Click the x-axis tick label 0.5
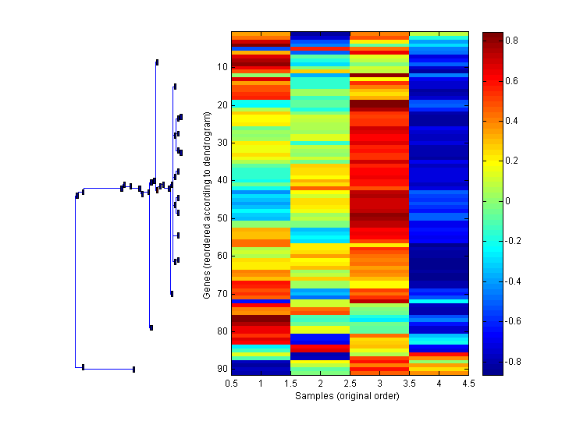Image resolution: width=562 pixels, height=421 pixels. point(231,384)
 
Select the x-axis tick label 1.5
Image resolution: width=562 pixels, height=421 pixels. point(290,384)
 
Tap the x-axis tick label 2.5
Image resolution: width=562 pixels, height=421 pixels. point(350,384)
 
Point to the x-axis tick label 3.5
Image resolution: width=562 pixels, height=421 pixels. point(409,384)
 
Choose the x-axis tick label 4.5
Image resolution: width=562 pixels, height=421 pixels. point(468,384)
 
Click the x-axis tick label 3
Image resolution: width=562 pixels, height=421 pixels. point(379,384)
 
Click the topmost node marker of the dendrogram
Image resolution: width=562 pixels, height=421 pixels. point(157,62)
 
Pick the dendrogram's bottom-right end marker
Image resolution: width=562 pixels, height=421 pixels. point(133,369)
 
